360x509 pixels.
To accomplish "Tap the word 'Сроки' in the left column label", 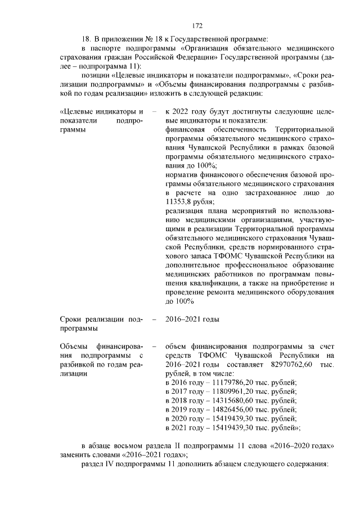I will (x=71, y=319).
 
